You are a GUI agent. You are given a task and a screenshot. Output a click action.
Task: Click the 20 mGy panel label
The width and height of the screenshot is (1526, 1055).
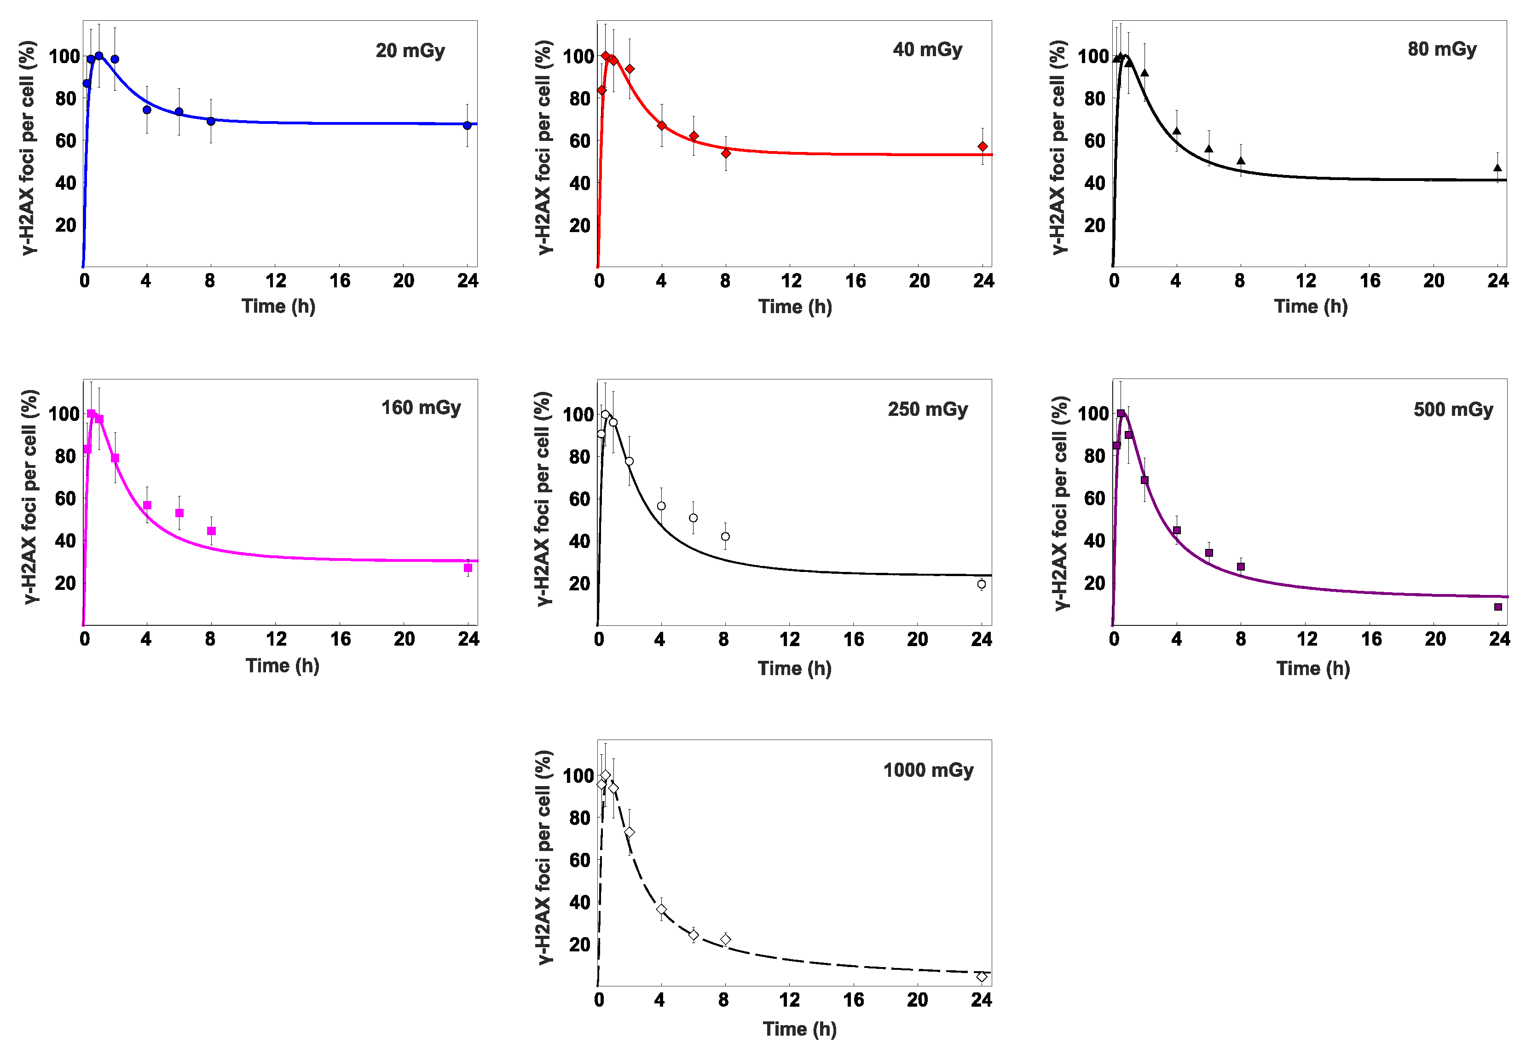point(410,51)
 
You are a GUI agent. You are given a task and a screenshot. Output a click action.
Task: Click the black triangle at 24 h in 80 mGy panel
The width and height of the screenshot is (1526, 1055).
point(1497,168)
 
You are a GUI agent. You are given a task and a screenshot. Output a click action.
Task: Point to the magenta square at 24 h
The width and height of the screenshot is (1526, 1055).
point(468,568)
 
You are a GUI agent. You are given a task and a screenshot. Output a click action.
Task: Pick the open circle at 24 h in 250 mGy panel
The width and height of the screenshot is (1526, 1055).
point(982,584)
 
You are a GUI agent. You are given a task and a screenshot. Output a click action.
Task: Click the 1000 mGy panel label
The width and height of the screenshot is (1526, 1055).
point(928,770)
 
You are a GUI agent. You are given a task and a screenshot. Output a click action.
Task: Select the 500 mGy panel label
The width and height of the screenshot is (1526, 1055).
point(1453,410)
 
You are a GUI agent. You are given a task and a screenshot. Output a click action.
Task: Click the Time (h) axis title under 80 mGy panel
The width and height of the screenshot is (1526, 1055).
point(1311,307)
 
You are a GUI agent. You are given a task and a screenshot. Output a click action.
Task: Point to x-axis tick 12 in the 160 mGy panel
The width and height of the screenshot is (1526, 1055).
point(276,639)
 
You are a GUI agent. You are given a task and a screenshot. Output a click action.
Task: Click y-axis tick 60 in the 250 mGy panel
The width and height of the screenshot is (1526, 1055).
point(579,498)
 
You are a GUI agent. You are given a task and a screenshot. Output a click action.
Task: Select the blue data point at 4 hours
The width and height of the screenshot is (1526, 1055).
point(147,110)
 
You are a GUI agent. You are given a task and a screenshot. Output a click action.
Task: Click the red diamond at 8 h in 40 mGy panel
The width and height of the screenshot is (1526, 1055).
point(725,153)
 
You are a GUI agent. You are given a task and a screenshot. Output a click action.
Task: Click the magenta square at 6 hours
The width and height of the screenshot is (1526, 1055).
point(179,513)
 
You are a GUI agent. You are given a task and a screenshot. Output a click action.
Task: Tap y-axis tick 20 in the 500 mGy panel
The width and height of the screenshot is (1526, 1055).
point(1095,583)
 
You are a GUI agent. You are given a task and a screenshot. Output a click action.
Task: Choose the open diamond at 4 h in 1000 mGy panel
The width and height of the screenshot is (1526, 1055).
point(661,909)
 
